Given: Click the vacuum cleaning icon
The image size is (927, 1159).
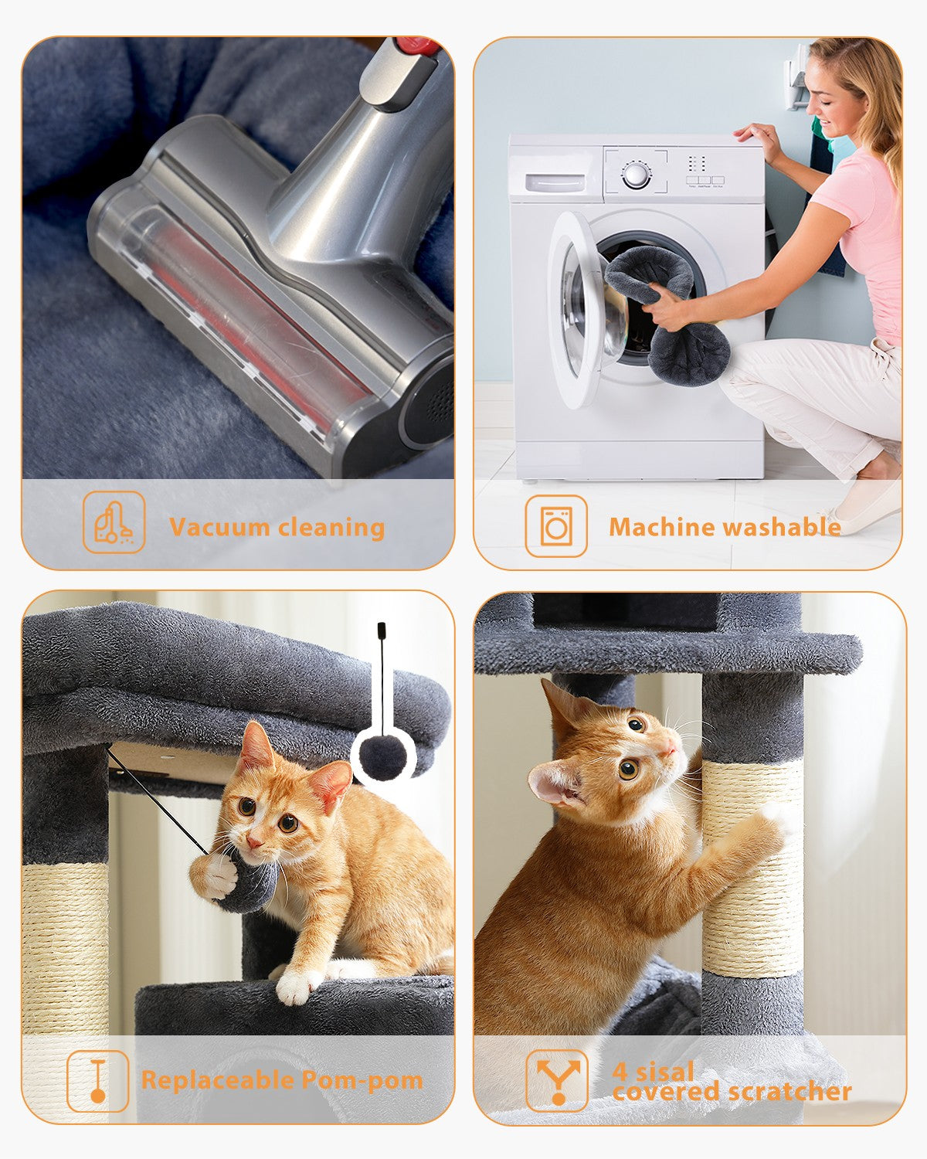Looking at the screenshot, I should tap(114, 522).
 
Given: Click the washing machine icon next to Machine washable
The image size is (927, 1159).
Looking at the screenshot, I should tap(556, 526).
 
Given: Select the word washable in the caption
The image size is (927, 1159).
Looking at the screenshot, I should tap(783, 527).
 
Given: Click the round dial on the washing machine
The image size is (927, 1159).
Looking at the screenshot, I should tap(635, 175).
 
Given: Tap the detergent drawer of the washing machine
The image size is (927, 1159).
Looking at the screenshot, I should tap(555, 183).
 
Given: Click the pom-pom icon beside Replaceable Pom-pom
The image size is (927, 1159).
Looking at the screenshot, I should tap(98, 1080).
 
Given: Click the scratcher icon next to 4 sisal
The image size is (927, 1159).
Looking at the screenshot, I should tap(556, 1080).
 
